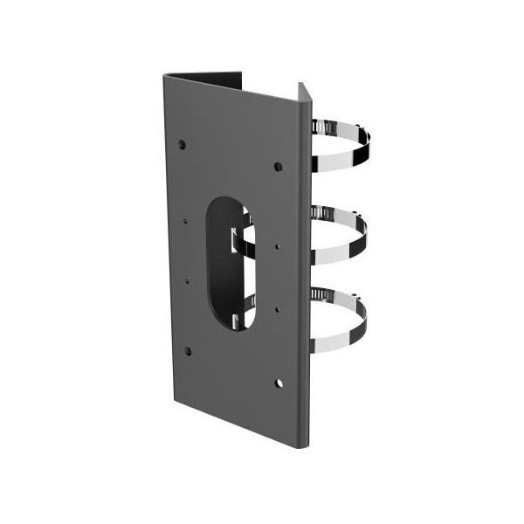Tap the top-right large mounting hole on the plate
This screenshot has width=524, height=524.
[279, 165]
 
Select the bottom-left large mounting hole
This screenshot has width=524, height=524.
[187, 351]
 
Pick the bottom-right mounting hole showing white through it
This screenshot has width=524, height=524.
[279, 383]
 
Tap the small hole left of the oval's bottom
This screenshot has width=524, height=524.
[186, 281]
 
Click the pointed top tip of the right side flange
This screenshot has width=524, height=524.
[300, 84]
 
